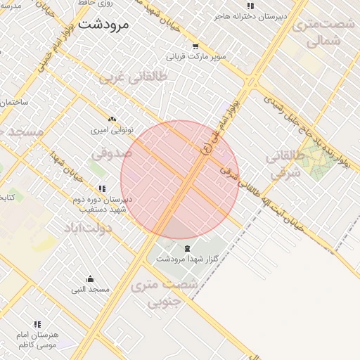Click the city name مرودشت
pyautogui.click(x=104, y=25)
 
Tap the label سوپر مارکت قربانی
pyautogui.click(x=195, y=56)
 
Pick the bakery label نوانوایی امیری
pyautogui.click(x=112, y=131)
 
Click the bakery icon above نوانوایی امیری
pyautogui.click(x=112, y=120)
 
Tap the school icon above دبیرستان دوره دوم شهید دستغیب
pyautogui.click(x=103, y=188)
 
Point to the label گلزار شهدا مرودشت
pyautogui.click(x=187, y=259)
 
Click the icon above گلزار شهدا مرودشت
pyautogui.click(x=187, y=248)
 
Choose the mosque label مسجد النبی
pyautogui.click(x=90, y=290)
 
